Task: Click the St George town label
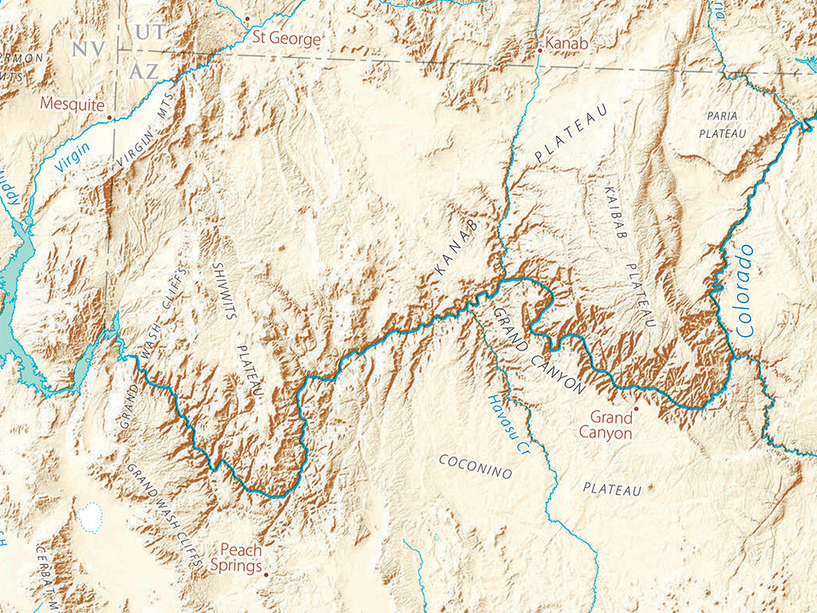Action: click(286, 38)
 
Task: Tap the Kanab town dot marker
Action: click(540, 50)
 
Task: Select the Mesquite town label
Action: click(73, 104)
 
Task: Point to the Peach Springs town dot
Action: click(266, 572)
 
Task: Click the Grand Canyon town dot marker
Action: click(636, 409)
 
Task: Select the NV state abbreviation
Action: click(88, 49)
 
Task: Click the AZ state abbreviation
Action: click(144, 70)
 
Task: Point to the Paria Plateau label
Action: click(722, 125)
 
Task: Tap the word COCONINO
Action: click(476, 466)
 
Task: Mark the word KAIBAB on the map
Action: click(615, 212)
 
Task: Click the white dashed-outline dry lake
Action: click(90, 518)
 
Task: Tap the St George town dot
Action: click(247, 18)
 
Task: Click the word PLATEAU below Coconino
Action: click(612, 488)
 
